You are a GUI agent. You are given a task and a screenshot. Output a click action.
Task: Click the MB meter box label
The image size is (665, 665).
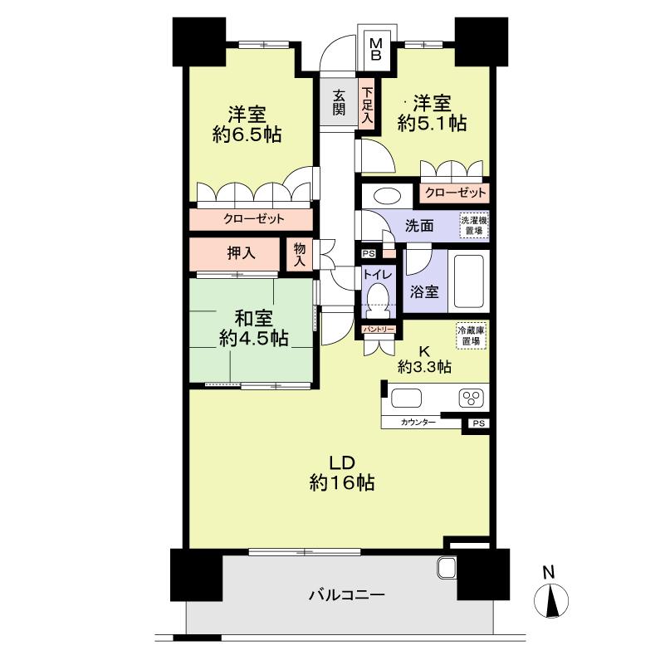click(375, 48)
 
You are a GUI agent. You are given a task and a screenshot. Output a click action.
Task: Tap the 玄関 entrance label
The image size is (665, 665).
click(339, 103)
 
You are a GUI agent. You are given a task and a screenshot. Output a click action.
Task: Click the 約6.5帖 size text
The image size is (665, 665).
click(247, 135)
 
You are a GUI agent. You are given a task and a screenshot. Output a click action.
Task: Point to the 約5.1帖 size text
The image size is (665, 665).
click(432, 124)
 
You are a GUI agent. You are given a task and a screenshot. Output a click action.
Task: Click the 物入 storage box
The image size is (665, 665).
click(299, 254)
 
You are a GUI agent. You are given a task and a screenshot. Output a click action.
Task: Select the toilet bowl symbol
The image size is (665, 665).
click(379, 296)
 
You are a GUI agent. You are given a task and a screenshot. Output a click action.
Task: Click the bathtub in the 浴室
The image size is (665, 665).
click(469, 282)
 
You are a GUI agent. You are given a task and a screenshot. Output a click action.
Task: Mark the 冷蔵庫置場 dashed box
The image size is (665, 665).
click(472, 335)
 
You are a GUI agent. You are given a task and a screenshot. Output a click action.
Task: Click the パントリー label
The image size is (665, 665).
click(379, 330)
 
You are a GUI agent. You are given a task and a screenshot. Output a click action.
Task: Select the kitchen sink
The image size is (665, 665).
click(407, 398)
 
